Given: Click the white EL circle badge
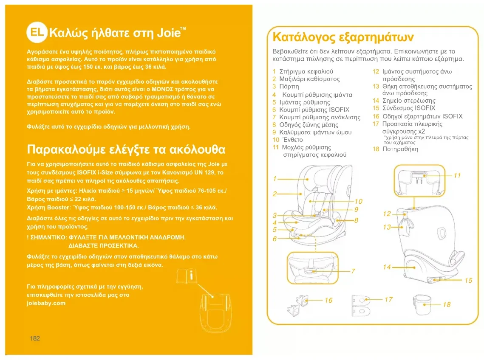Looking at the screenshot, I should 36,33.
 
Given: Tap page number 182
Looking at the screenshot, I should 35,338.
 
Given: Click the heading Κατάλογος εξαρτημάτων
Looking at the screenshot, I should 342,37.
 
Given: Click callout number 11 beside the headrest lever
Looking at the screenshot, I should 457,175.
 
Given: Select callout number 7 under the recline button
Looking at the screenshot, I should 353,271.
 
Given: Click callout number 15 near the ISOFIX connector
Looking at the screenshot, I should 468,280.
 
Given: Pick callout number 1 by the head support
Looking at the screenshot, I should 275,178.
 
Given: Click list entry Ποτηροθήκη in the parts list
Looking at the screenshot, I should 400,149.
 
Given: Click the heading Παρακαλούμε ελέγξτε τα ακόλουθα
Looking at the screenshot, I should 126,150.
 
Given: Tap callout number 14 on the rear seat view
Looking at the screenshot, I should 386,267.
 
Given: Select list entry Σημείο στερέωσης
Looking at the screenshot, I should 409,101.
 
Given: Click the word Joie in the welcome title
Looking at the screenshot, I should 169,33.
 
